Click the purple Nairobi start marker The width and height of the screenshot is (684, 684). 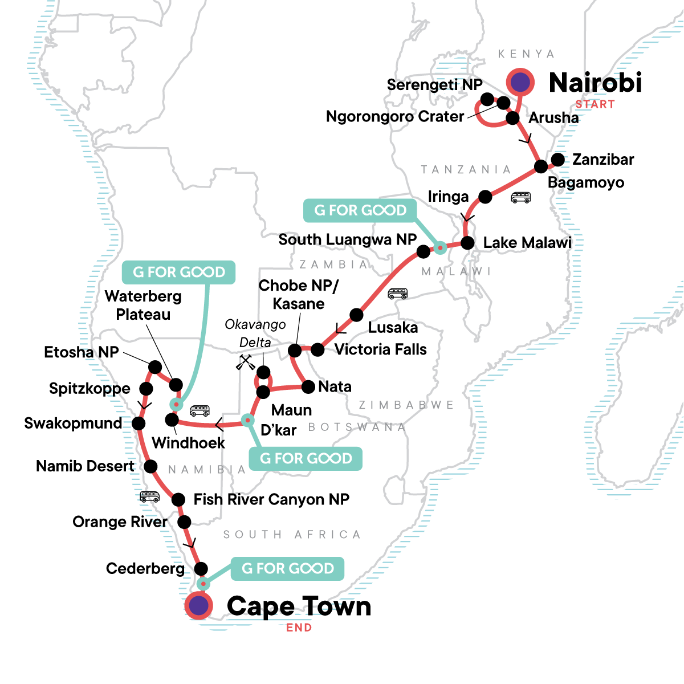pyautogui.click(x=520, y=83)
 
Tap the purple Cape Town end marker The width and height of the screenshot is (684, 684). pyautogui.click(x=198, y=606)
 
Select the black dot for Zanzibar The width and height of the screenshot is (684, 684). pyautogui.click(x=558, y=160)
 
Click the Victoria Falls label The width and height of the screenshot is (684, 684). pyautogui.click(x=380, y=349)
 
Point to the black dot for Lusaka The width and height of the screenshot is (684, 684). pyautogui.click(x=356, y=315)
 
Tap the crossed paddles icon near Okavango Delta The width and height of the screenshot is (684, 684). pyautogui.click(x=246, y=363)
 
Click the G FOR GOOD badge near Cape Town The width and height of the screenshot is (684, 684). pyautogui.click(x=288, y=568)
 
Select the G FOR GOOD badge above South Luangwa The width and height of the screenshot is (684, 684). pyautogui.click(x=361, y=210)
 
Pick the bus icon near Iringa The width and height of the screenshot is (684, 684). pyautogui.click(x=520, y=197)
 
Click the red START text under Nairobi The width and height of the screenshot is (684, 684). pyautogui.click(x=595, y=104)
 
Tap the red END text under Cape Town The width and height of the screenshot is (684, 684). pyautogui.click(x=299, y=628)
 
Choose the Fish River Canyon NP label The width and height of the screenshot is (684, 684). pyautogui.click(x=271, y=499)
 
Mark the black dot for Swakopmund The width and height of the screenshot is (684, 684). pyautogui.click(x=139, y=424)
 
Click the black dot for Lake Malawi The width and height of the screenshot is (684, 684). pyautogui.click(x=467, y=243)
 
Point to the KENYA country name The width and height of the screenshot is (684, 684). pyautogui.click(x=526, y=54)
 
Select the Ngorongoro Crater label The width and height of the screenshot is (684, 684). pyautogui.click(x=394, y=117)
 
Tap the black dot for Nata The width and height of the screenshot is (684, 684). pyautogui.click(x=308, y=387)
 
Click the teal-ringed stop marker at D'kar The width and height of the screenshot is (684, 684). pyautogui.click(x=247, y=420)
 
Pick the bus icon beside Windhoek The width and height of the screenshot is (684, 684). pyautogui.click(x=199, y=410)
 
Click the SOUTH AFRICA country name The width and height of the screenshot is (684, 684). pyautogui.click(x=292, y=535)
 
